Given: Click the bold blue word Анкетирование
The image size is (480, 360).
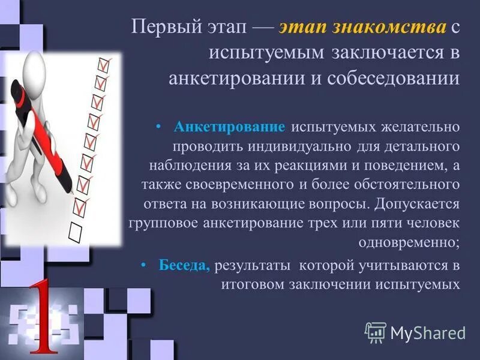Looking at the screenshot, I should pos(229,127).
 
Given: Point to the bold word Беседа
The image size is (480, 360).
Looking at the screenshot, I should pos(184,266).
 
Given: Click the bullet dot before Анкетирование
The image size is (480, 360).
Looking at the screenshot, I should pos(158,127).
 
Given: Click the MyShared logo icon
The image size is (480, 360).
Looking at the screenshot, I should pos(375,332).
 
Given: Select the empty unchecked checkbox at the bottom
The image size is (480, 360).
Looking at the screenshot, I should pos(76,229).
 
